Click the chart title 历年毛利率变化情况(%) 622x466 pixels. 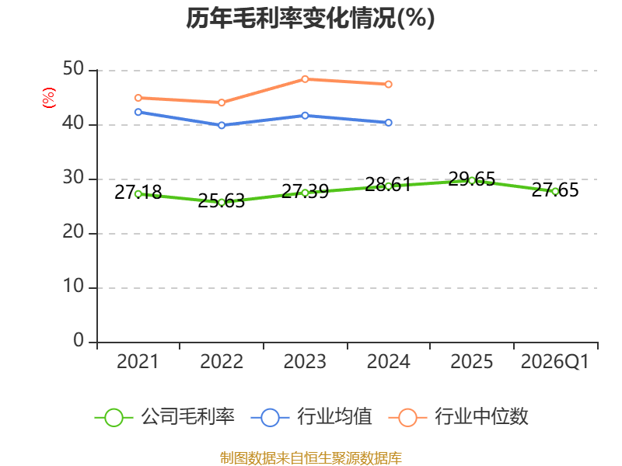point(310,18)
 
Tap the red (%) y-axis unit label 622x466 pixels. point(49,98)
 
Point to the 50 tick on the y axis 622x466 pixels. point(73,69)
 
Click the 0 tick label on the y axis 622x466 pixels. point(79,340)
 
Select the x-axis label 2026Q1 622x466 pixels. point(555,362)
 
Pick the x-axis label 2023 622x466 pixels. point(305,362)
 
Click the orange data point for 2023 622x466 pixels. point(305,79)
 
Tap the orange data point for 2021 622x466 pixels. point(138,98)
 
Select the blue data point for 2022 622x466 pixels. point(222,125)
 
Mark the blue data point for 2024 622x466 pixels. point(388,123)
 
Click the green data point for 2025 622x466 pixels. point(472,181)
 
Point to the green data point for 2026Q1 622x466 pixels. point(555,191)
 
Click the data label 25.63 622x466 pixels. point(222,201)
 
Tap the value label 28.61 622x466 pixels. point(388,185)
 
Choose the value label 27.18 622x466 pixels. point(138,193)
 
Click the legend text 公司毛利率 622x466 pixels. point(187,417)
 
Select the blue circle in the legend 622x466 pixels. point(271,418)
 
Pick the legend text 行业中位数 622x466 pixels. point(481,417)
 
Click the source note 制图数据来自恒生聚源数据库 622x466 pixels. point(310,458)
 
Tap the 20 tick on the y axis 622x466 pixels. point(73,231)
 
